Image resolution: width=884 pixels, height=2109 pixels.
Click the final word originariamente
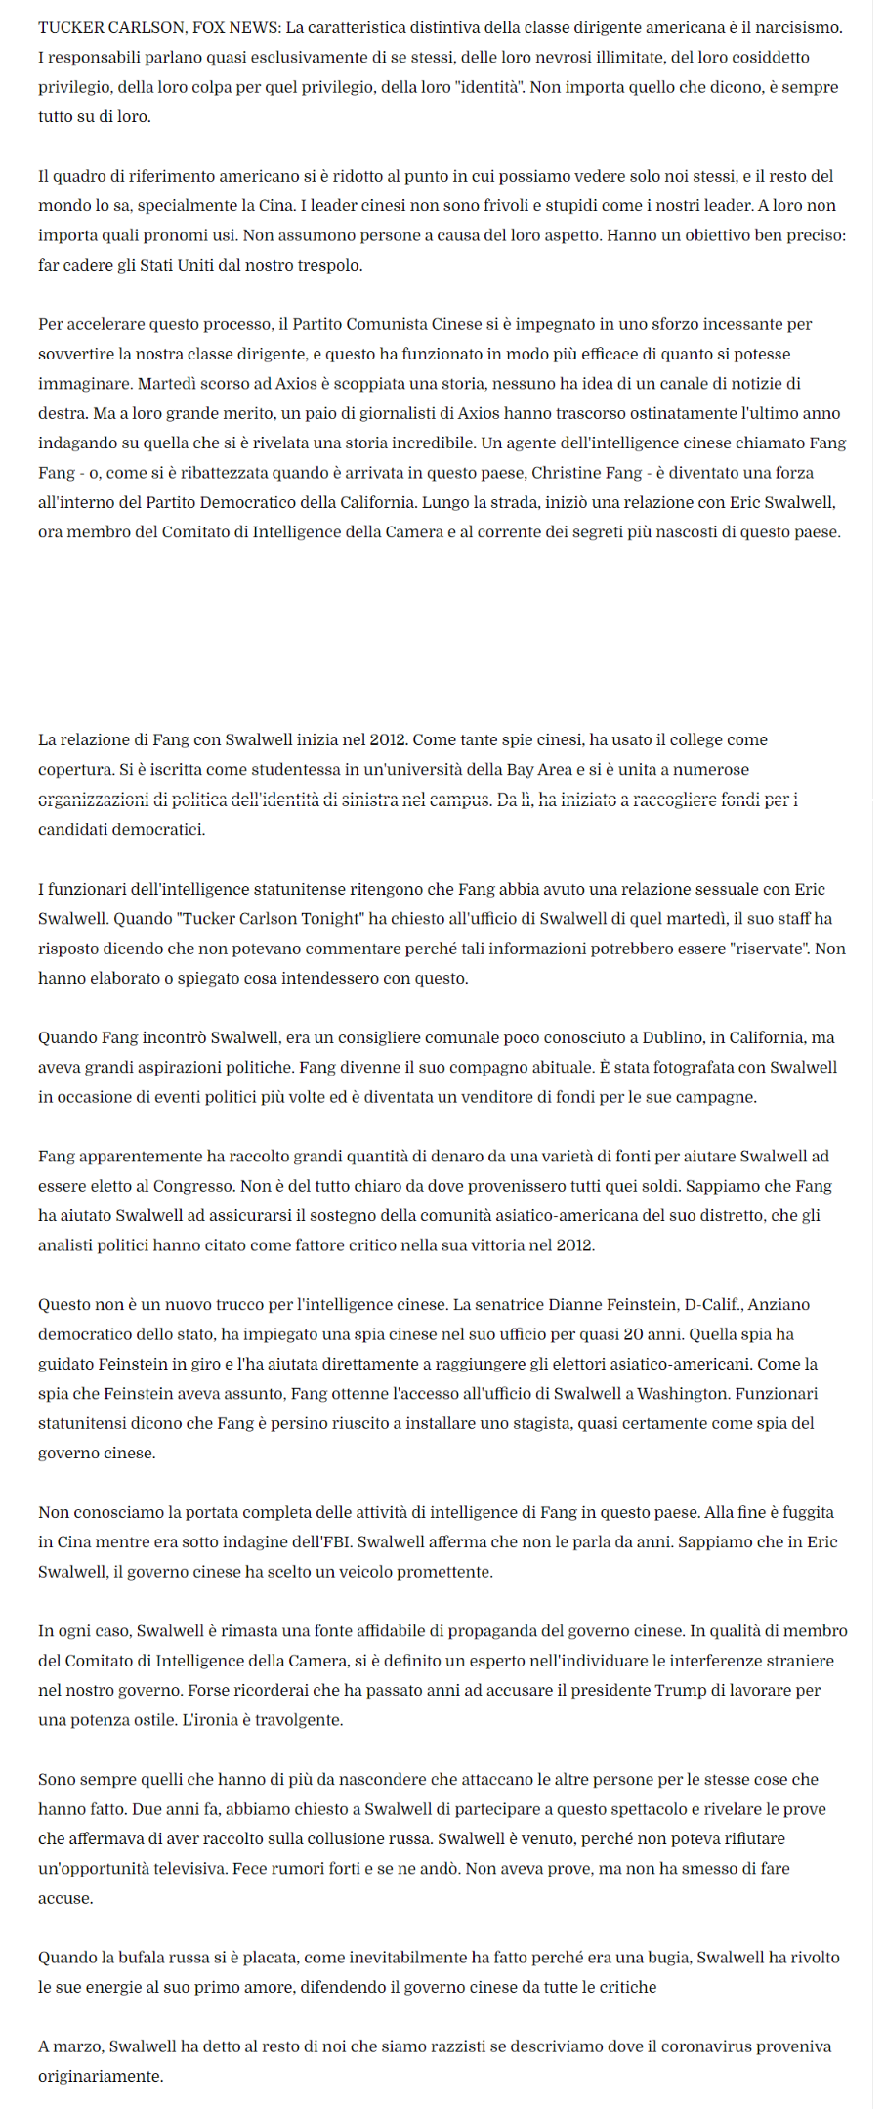(x=101, y=2076)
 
